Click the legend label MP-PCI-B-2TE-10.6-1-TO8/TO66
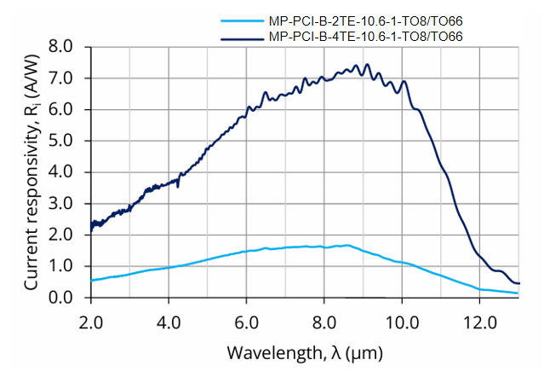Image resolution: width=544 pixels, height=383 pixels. (x=364, y=20)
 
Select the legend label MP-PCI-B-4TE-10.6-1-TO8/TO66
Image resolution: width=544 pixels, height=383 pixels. (x=364, y=36)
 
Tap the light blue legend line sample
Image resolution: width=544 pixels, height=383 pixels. (x=242, y=20)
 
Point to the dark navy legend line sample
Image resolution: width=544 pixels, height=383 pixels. (x=242, y=37)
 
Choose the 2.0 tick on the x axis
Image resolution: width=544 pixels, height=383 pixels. (x=90, y=324)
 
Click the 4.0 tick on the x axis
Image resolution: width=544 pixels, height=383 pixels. (x=169, y=324)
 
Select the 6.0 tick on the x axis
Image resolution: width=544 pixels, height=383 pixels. (x=246, y=324)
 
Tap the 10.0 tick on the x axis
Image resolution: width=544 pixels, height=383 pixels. (x=402, y=324)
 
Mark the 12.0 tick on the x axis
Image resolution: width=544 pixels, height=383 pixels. (x=480, y=324)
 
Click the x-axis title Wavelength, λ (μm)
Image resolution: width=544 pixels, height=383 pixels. (x=304, y=352)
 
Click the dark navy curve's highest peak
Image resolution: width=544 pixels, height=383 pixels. (x=367, y=64)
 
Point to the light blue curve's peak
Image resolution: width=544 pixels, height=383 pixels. (x=346, y=245)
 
